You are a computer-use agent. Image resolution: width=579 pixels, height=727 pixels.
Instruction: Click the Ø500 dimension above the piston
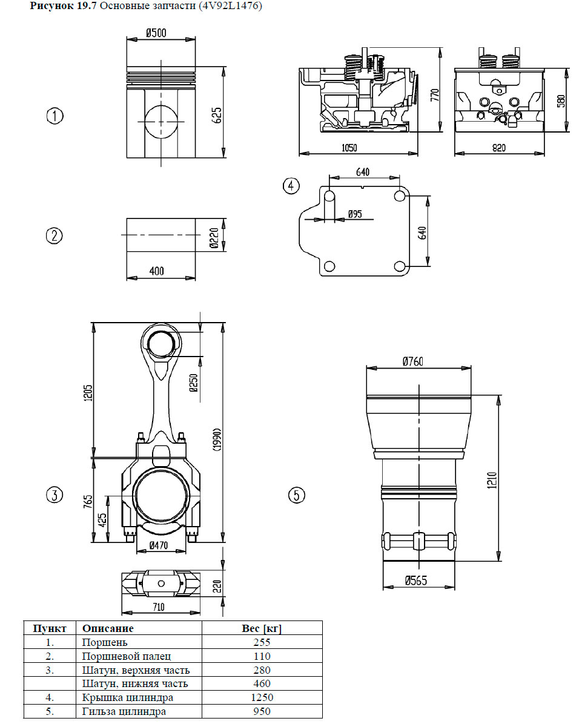click(x=156, y=33)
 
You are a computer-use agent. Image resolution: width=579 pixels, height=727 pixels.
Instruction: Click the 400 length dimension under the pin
click(x=156, y=271)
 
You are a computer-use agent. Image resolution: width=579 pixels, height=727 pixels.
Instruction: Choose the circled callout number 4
click(x=291, y=185)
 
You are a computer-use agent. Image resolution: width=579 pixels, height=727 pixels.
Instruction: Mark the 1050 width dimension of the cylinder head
click(x=349, y=148)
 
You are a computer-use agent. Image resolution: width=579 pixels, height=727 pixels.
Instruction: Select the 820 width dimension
click(x=498, y=148)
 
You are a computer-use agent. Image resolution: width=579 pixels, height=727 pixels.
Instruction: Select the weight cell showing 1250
click(x=262, y=697)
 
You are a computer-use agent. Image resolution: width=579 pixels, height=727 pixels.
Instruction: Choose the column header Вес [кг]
click(x=262, y=628)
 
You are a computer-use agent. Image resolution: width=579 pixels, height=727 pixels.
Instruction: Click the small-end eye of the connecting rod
click(x=161, y=344)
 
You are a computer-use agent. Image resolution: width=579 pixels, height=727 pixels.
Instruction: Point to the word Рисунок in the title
click(x=49, y=7)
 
